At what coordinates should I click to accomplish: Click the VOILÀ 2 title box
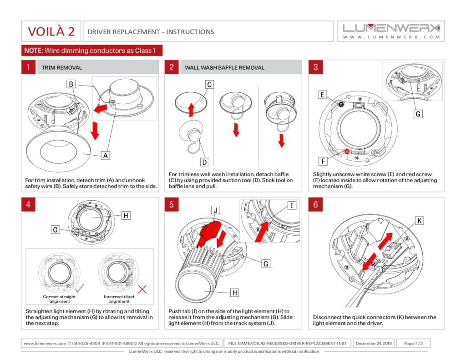tap(51, 31)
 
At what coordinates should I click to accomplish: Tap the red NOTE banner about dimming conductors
tap(91, 51)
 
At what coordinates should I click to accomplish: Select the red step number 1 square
tap(28, 67)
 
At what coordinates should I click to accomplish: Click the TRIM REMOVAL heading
tap(62, 67)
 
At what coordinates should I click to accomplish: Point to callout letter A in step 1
tap(106, 155)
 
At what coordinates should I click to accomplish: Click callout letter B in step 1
tap(71, 84)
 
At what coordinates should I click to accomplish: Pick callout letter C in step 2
tap(209, 84)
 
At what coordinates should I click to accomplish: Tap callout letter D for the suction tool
tap(205, 162)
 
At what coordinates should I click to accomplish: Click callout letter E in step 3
tap(322, 95)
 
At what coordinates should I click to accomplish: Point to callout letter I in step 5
tap(292, 206)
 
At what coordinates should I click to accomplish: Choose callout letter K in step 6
tap(420, 221)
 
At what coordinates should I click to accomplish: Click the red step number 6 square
tap(315, 204)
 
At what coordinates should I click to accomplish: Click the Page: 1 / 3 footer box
tap(413, 343)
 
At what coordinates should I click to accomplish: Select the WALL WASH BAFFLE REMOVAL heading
tap(224, 67)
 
